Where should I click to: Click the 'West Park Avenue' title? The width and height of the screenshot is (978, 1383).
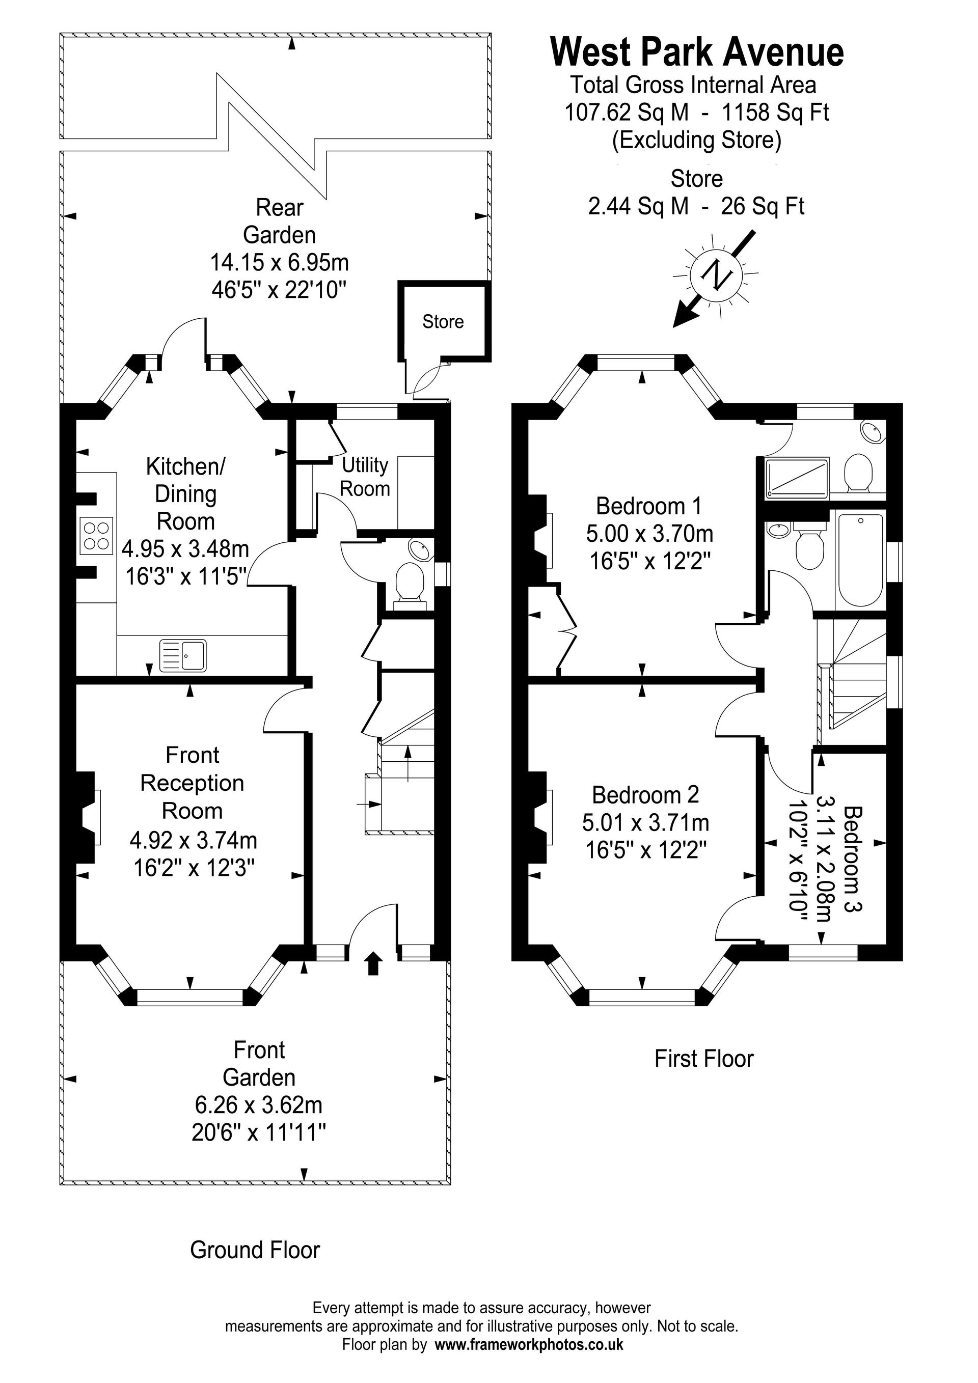point(697,52)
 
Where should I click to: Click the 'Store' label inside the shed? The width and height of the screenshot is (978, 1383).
point(443,322)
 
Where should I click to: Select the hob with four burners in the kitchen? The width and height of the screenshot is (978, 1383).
point(97,536)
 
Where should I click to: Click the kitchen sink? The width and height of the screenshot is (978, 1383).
point(183,655)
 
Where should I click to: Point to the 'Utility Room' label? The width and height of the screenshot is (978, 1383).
point(365,477)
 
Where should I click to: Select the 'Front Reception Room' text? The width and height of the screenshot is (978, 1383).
point(192,783)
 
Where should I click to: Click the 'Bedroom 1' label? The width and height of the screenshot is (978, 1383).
point(649,506)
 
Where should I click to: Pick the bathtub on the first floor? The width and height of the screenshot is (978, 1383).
point(861,560)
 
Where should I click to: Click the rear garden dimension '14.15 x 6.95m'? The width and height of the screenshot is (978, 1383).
point(280,263)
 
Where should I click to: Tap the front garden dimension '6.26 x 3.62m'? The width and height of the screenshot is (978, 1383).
point(259,1104)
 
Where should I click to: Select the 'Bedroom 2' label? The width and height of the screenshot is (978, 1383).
point(645,794)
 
